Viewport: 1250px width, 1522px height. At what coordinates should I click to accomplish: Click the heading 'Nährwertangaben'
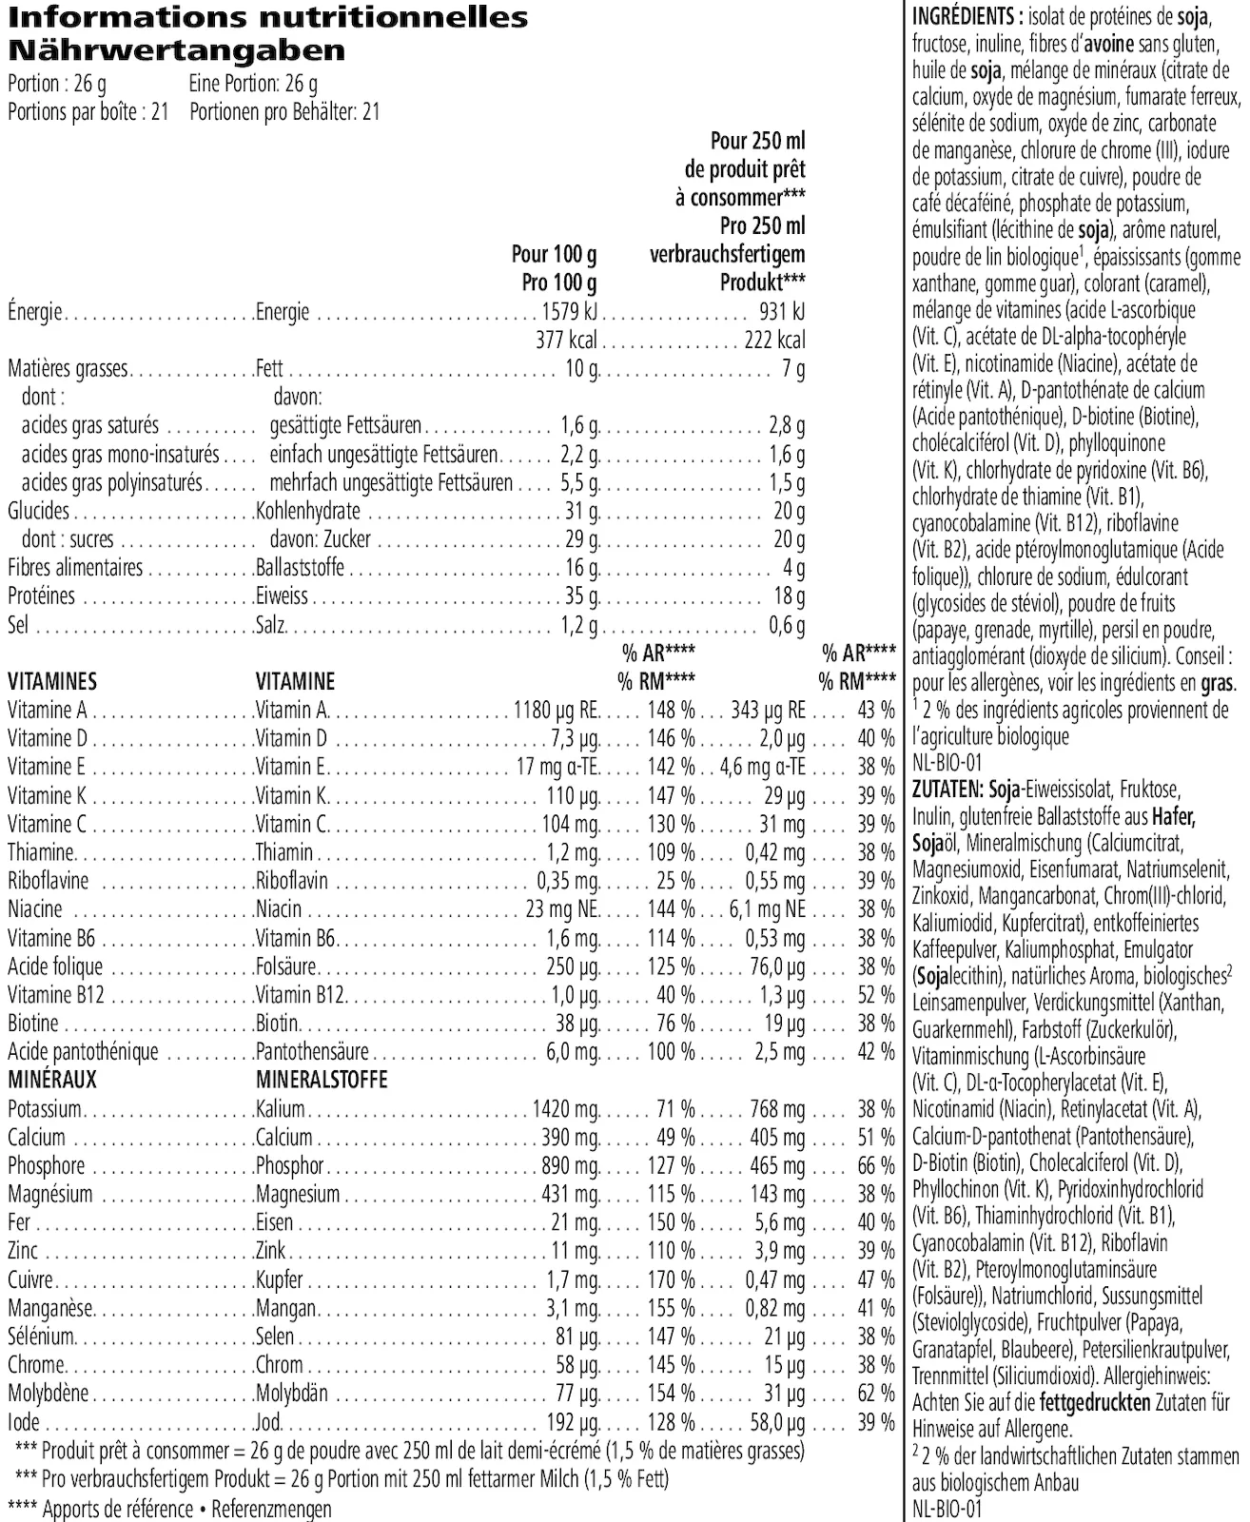[176, 50]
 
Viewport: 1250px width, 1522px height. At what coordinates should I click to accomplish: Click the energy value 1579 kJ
[568, 312]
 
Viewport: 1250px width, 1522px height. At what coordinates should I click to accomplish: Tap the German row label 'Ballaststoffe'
[300, 568]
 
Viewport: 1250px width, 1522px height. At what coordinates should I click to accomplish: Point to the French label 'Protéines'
[41, 596]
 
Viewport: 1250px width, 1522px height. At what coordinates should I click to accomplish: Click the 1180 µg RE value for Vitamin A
[556, 710]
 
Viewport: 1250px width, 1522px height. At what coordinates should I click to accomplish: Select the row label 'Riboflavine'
[48, 881]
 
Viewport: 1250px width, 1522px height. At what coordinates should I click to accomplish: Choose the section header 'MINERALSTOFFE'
[322, 1081]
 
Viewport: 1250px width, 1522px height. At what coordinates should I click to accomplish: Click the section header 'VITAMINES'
[52, 681]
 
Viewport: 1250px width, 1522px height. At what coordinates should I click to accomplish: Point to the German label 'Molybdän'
[292, 1394]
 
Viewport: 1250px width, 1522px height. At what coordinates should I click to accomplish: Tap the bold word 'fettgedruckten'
[1095, 1402]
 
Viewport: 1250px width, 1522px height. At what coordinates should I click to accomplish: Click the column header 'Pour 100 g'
[554, 255]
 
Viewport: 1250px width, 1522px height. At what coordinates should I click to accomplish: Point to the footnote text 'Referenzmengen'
[271, 1509]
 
